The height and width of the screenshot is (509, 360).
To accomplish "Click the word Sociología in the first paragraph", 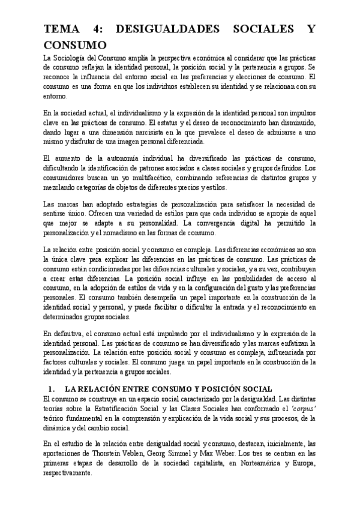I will pos(71,57).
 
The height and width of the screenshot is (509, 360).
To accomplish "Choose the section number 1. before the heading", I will pos(51,388).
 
